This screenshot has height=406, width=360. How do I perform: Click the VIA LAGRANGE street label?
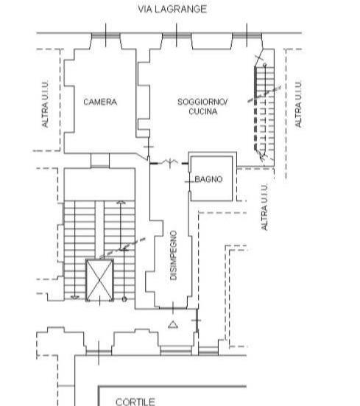pyautogui.click(x=172, y=9)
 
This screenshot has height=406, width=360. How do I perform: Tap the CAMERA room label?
pyautogui.click(x=100, y=102)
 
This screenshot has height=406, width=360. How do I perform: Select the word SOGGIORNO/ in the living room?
pyautogui.click(x=202, y=102)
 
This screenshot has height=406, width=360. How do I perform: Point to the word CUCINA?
pyautogui.click(x=203, y=111)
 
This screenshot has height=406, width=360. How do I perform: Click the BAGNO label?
pyautogui.click(x=208, y=179)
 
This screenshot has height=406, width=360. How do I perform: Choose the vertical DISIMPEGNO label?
pyautogui.click(x=174, y=255)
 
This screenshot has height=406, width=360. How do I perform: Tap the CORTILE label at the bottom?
pyautogui.click(x=135, y=402)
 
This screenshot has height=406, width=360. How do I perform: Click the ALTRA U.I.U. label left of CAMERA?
pyautogui.click(x=45, y=104)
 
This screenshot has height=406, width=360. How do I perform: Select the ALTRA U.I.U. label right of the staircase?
pyautogui.click(x=298, y=104)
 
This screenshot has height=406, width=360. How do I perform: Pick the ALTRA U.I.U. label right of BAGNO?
pyautogui.click(x=264, y=206)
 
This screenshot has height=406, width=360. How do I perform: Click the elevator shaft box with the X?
pyautogui.click(x=99, y=280)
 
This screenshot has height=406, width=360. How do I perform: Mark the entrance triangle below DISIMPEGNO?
pyautogui.click(x=173, y=325)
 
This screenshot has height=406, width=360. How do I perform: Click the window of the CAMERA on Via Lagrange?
pyautogui.click(x=106, y=35)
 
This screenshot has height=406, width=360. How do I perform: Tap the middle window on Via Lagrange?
pyautogui.click(x=177, y=35)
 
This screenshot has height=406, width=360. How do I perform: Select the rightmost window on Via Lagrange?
pyautogui.click(x=247, y=35)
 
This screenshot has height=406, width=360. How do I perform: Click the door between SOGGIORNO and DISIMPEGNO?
pyautogui.click(x=169, y=163)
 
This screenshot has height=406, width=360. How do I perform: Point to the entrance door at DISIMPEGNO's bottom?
pyautogui.click(x=173, y=308)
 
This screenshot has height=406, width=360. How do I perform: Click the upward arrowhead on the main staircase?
pyautogui.click(x=121, y=203)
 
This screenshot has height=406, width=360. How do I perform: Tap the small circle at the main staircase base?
pyautogui.click(x=124, y=299)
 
